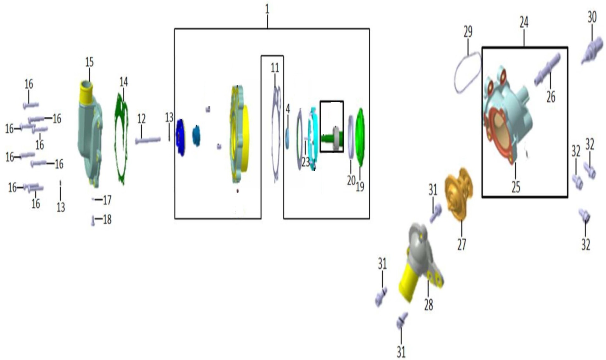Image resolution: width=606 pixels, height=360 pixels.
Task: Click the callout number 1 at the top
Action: tap(267, 9)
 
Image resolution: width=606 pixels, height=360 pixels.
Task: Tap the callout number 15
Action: tap(89, 62)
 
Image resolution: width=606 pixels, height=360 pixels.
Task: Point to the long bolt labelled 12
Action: tap(148, 140)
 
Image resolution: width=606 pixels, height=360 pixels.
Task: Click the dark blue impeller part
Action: tap(181, 137)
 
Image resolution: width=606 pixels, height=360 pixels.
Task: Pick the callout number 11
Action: tap(275, 68)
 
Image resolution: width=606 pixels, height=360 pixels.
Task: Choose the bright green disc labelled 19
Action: tap(360, 137)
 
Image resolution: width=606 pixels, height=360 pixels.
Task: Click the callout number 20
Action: tap(351, 180)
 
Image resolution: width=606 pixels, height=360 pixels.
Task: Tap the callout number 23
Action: tap(305, 162)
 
